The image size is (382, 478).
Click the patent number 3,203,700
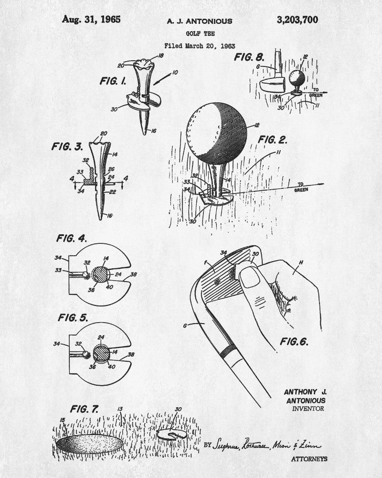(x=297, y=20)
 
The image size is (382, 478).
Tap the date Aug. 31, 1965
(x=91, y=20)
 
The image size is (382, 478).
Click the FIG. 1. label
(x=113, y=81)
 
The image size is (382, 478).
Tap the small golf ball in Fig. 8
(x=297, y=77)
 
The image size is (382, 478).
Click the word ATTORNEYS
(x=309, y=459)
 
